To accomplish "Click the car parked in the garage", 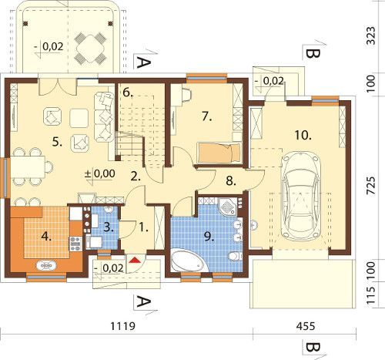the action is pyautogui.click(x=301, y=196).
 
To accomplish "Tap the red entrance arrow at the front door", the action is pyautogui.click(x=135, y=260).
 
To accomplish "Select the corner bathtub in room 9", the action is pyautogui.click(x=189, y=260).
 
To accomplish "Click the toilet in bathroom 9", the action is pyautogui.click(x=235, y=256).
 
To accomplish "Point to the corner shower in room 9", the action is pyautogui.click(x=228, y=206).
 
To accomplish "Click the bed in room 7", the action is pyautogui.click(x=219, y=153).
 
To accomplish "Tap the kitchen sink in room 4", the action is pyautogui.click(x=46, y=265).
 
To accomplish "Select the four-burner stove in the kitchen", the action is pyautogui.click(x=75, y=244).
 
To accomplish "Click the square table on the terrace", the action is pyautogui.click(x=90, y=48).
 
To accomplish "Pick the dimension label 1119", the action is pyautogui.click(x=122, y=326).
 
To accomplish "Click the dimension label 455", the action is pyautogui.click(x=306, y=326).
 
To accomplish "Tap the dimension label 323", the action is pyautogui.click(x=371, y=35).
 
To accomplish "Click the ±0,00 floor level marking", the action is pyautogui.click(x=100, y=173).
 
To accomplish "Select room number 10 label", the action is pyautogui.click(x=303, y=135).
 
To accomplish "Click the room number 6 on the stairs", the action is pyautogui.click(x=127, y=93).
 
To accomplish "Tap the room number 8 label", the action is pyautogui.click(x=231, y=181).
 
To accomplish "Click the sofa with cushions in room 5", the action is pyautogui.click(x=104, y=117).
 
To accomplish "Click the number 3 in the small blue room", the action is pyautogui.click(x=108, y=227).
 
